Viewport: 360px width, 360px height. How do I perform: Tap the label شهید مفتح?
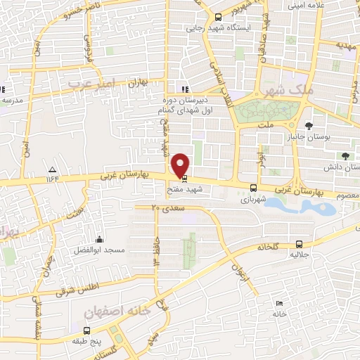point(184,189)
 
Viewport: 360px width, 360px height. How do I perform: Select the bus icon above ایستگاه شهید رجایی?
point(217,17)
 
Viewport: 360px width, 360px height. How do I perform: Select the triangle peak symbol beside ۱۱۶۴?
point(52,170)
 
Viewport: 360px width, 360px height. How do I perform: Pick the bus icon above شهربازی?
point(253,187)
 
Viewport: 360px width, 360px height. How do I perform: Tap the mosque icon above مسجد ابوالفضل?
point(99,239)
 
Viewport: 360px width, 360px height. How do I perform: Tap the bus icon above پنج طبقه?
point(86,330)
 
